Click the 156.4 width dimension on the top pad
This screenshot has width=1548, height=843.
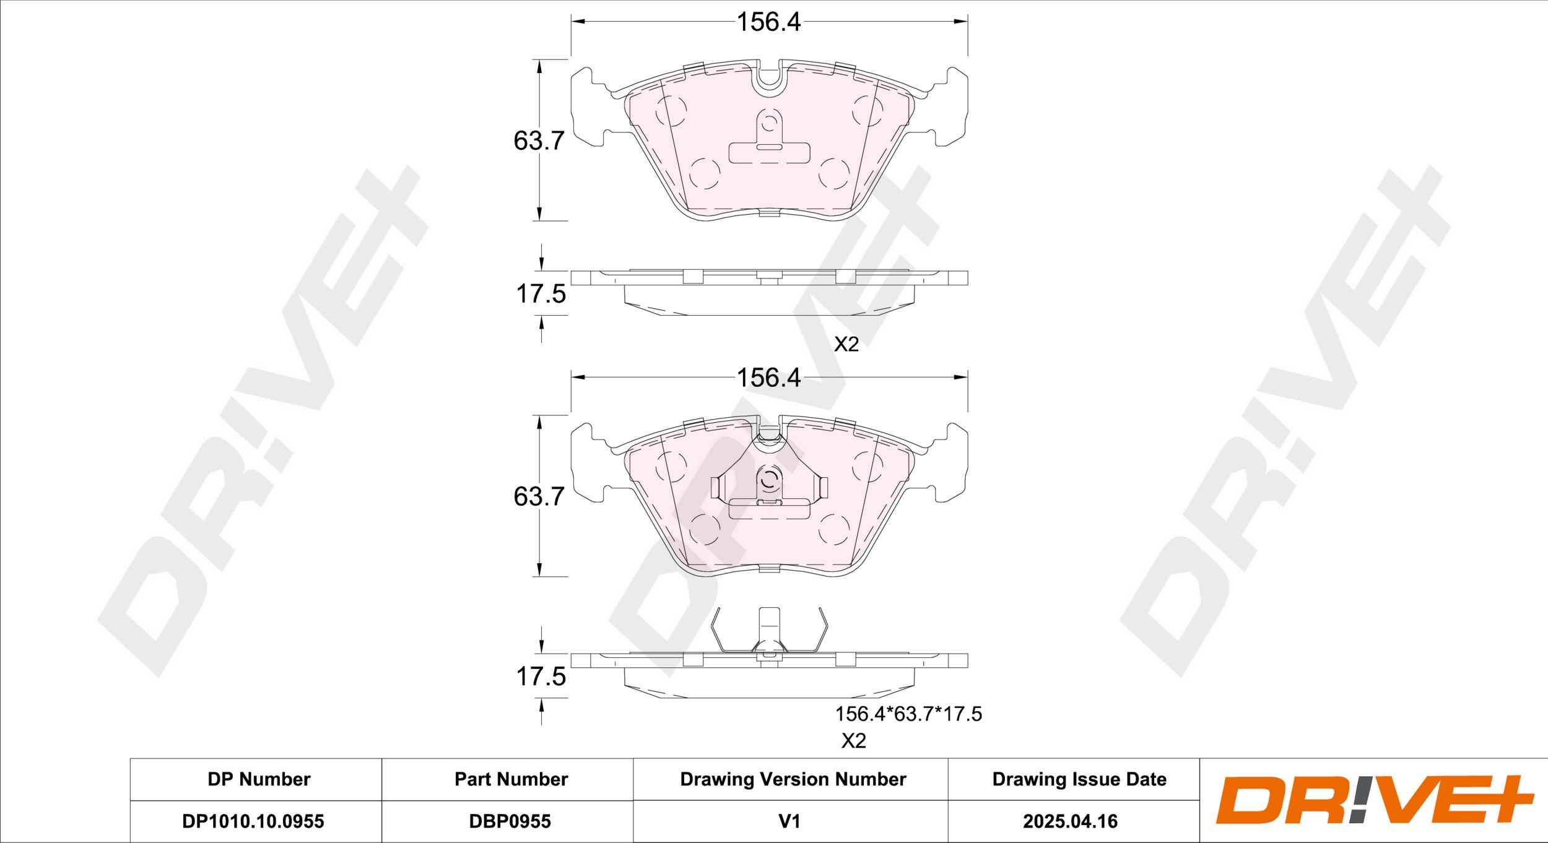click(x=768, y=22)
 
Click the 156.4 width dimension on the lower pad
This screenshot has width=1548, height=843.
click(x=768, y=378)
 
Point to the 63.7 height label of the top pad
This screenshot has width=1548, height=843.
click(x=539, y=141)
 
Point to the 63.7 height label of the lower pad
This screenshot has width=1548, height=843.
click(x=539, y=496)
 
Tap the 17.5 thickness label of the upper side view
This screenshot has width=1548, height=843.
click(x=541, y=294)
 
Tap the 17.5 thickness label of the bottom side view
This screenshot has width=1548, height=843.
click(x=541, y=677)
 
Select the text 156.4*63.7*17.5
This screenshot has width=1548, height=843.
click(x=908, y=714)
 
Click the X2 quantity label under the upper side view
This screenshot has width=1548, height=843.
click(x=846, y=344)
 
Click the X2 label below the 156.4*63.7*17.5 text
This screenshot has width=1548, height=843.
click(x=853, y=741)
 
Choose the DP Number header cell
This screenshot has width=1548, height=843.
click(x=259, y=779)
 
